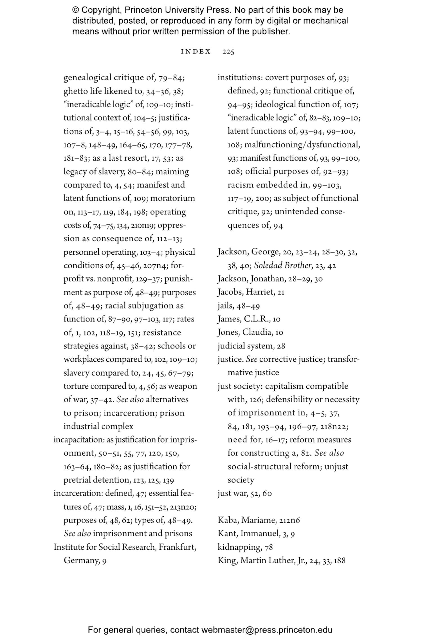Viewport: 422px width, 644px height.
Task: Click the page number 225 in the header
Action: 228,52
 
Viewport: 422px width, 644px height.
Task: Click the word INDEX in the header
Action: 196,52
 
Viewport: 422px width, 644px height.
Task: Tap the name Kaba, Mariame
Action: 247,520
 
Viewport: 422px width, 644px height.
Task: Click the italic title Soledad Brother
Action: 283,266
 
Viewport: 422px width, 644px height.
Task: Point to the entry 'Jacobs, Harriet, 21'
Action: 251,292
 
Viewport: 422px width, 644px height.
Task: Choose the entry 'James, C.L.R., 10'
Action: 249,319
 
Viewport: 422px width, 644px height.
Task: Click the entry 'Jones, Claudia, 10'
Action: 250,332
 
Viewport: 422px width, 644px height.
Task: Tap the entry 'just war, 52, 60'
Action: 244,493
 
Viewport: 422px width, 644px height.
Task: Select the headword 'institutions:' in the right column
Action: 240,77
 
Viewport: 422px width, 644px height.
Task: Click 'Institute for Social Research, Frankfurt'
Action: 125,547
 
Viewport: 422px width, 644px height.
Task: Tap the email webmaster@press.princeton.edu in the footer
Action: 267,630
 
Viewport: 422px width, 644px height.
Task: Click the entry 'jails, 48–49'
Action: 238,306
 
